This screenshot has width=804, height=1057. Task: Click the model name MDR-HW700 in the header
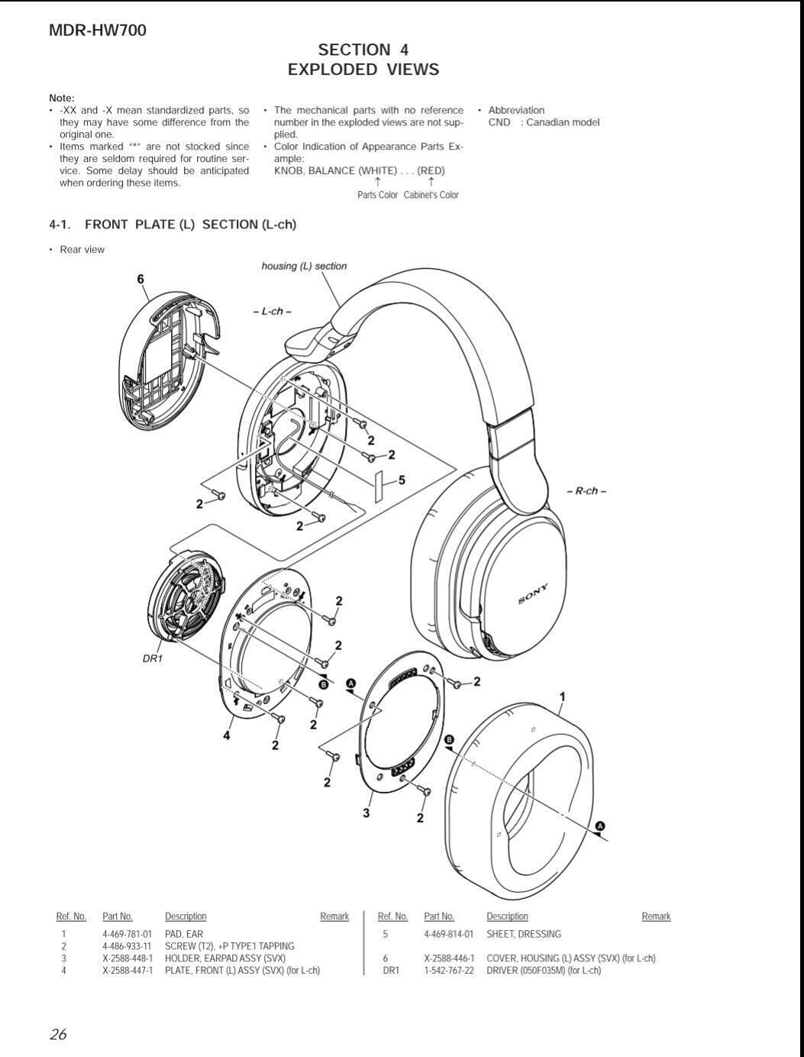coord(98,31)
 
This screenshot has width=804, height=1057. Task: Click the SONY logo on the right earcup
coord(533,594)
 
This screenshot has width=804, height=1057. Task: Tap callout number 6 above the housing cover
coord(140,280)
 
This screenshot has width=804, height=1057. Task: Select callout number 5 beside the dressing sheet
coord(402,480)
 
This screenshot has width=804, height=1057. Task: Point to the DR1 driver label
coord(153,658)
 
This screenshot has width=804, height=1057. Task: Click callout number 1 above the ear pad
coord(563,697)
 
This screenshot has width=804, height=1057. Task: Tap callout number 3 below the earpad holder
coord(366,813)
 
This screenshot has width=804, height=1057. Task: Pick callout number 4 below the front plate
coord(227,735)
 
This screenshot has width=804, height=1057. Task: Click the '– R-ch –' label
coord(586,491)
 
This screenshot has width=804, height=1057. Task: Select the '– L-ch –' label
coord(273,312)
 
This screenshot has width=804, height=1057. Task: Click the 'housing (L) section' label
coord(304,267)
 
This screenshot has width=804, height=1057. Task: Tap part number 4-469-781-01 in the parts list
coord(127,934)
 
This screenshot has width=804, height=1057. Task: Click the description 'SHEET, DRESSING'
coord(524,934)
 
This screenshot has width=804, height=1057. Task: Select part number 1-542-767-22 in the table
coord(449,971)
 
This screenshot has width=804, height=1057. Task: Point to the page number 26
coord(58,1035)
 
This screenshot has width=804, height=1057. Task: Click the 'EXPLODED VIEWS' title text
coord(363,69)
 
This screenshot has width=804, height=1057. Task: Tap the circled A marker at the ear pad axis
coord(600,826)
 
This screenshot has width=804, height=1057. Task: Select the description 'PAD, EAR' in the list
coord(184,934)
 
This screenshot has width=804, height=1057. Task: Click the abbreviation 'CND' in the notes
coord(499,122)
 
